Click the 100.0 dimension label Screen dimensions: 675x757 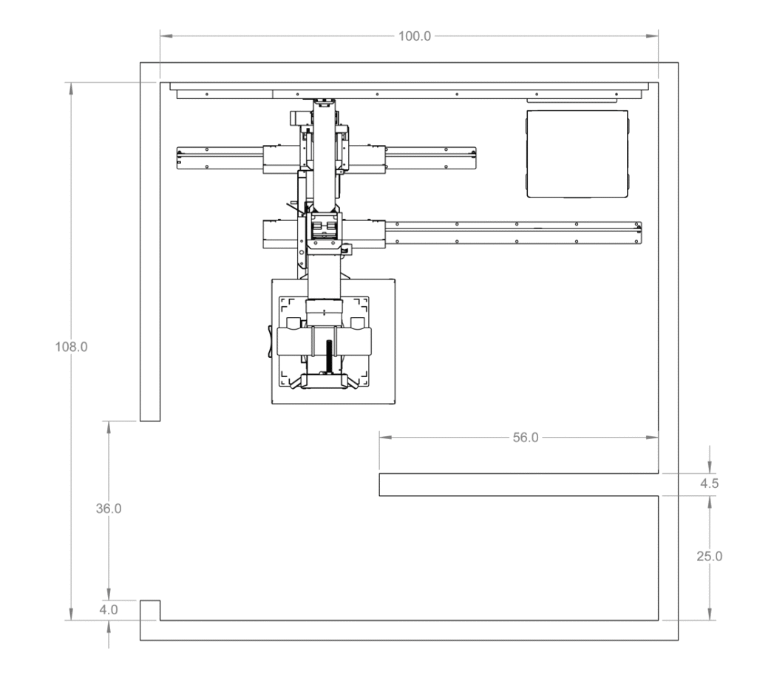[414, 35]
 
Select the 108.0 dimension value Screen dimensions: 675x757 [72, 347]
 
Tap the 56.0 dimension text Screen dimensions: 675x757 [526, 437]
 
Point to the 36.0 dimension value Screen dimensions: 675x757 [109, 509]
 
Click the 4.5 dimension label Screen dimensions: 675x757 [709, 484]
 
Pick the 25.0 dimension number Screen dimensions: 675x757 [709, 556]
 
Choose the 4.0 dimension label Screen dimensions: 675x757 [109, 610]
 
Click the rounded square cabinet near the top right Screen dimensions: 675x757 [577, 154]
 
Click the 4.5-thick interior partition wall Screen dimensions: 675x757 [517, 484]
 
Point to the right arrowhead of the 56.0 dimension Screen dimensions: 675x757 [654, 437]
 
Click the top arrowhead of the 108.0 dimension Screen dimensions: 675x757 [72, 87]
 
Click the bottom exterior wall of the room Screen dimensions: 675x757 [407, 630]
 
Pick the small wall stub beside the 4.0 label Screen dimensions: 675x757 [150, 610]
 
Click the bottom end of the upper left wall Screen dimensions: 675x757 [150, 418]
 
